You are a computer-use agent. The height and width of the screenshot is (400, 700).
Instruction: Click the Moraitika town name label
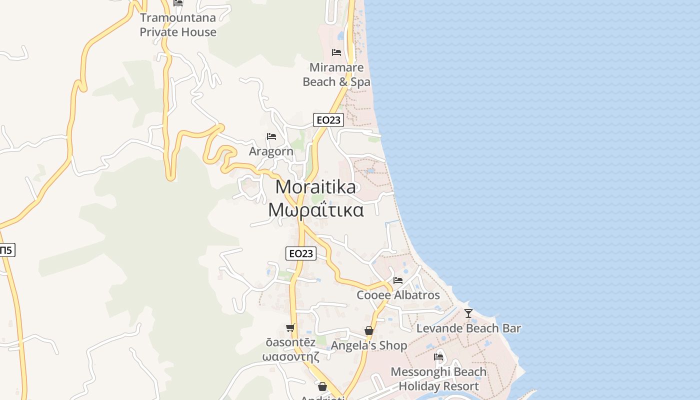point(315,187)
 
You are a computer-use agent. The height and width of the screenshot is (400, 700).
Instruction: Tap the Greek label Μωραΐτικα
point(315,210)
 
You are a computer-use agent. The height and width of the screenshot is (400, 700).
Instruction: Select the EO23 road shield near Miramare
point(328,120)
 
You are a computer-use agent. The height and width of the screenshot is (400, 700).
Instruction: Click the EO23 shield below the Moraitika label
point(301,253)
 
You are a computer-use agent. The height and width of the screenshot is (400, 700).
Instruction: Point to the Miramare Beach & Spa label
point(336,74)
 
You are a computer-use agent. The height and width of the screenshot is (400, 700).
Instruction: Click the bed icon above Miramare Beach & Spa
point(336,52)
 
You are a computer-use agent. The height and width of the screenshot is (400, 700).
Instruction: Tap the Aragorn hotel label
point(271,151)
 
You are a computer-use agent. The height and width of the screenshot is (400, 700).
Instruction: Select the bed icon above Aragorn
point(271,136)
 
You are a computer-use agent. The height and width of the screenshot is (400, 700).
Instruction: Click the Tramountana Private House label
point(178,25)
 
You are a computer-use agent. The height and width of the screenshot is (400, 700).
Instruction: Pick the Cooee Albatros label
point(398,295)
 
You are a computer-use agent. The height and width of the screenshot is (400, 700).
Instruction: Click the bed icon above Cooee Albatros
point(398,280)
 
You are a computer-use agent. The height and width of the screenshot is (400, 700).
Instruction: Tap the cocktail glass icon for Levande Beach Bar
point(468,313)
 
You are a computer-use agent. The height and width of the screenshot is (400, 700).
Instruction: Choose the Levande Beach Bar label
point(468,328)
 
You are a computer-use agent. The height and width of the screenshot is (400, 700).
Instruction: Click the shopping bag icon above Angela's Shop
point(369,330)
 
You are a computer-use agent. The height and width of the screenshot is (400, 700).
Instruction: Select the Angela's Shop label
point(369,345)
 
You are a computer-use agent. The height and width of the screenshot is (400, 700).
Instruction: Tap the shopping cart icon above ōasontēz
point(290,328)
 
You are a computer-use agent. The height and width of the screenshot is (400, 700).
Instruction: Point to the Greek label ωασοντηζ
point(290,356)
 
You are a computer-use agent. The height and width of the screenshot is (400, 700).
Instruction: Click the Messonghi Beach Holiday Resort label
point(438,379)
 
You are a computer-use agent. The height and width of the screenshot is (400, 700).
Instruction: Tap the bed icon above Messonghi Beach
point(438,356)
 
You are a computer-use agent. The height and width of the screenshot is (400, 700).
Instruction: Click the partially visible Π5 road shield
point(6,250)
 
